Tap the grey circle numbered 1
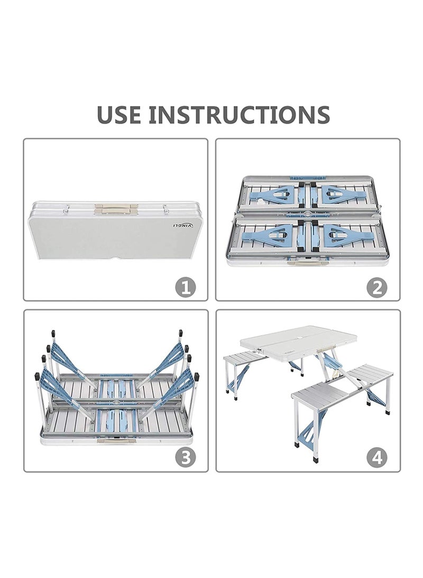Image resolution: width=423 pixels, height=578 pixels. (x=185, y=288)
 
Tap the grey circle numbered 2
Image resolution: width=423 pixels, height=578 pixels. (x=377, y=288)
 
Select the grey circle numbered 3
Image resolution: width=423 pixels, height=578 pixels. (x=185, y=458)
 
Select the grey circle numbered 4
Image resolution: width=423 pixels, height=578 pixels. (x=377, y=458)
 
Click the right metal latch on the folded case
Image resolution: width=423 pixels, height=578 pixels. (x=165, y=208)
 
